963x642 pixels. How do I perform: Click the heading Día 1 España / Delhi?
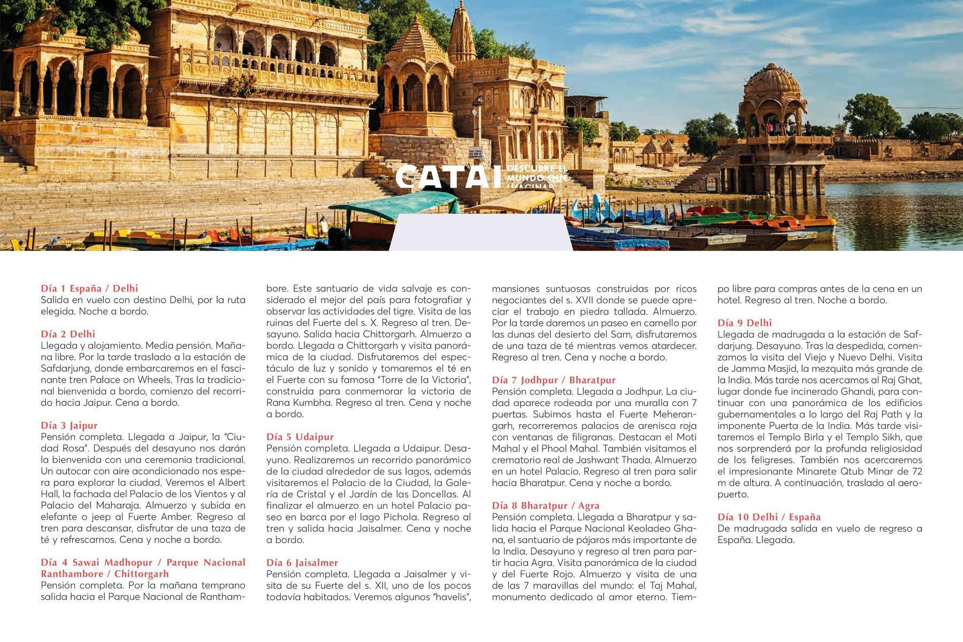pos(89,288)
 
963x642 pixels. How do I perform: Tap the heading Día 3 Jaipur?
pos(69,425)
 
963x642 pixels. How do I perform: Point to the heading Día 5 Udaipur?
pos(300,437)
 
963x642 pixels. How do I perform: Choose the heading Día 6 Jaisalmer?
pos(302,562)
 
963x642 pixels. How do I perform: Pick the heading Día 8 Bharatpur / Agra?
pos(546,506)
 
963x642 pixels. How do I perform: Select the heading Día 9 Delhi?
pos(744,323)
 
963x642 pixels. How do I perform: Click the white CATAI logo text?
pos(448,177)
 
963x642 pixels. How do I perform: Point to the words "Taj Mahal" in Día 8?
pos(675,585)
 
